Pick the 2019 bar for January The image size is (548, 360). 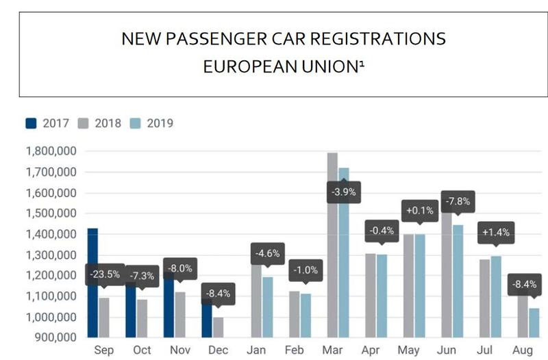point(269,308)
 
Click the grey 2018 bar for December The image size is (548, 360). point(217,327)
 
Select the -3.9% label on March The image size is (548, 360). point(344,192)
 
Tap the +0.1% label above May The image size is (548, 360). point(419,211)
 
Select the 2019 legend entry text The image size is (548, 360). point(160,124)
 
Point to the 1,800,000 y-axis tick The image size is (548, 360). point(50,151)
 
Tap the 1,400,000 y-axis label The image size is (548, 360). point(50,234)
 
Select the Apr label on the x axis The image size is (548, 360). point(371,350)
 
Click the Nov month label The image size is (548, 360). point(179,350)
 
